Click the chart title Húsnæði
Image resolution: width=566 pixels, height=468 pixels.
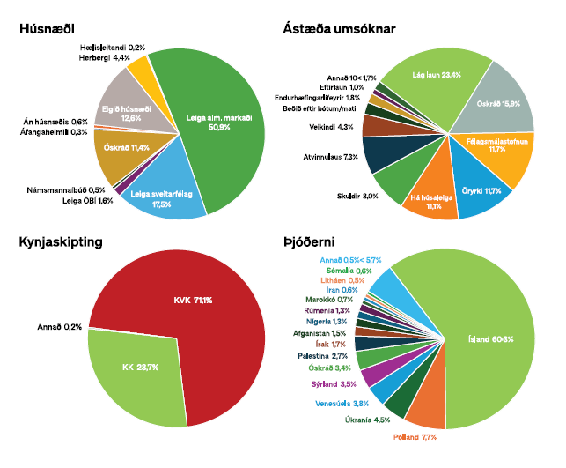pos(49,29)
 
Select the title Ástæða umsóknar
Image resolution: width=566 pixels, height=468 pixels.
pos(339,29)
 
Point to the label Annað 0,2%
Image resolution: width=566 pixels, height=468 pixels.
pos(59,327)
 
